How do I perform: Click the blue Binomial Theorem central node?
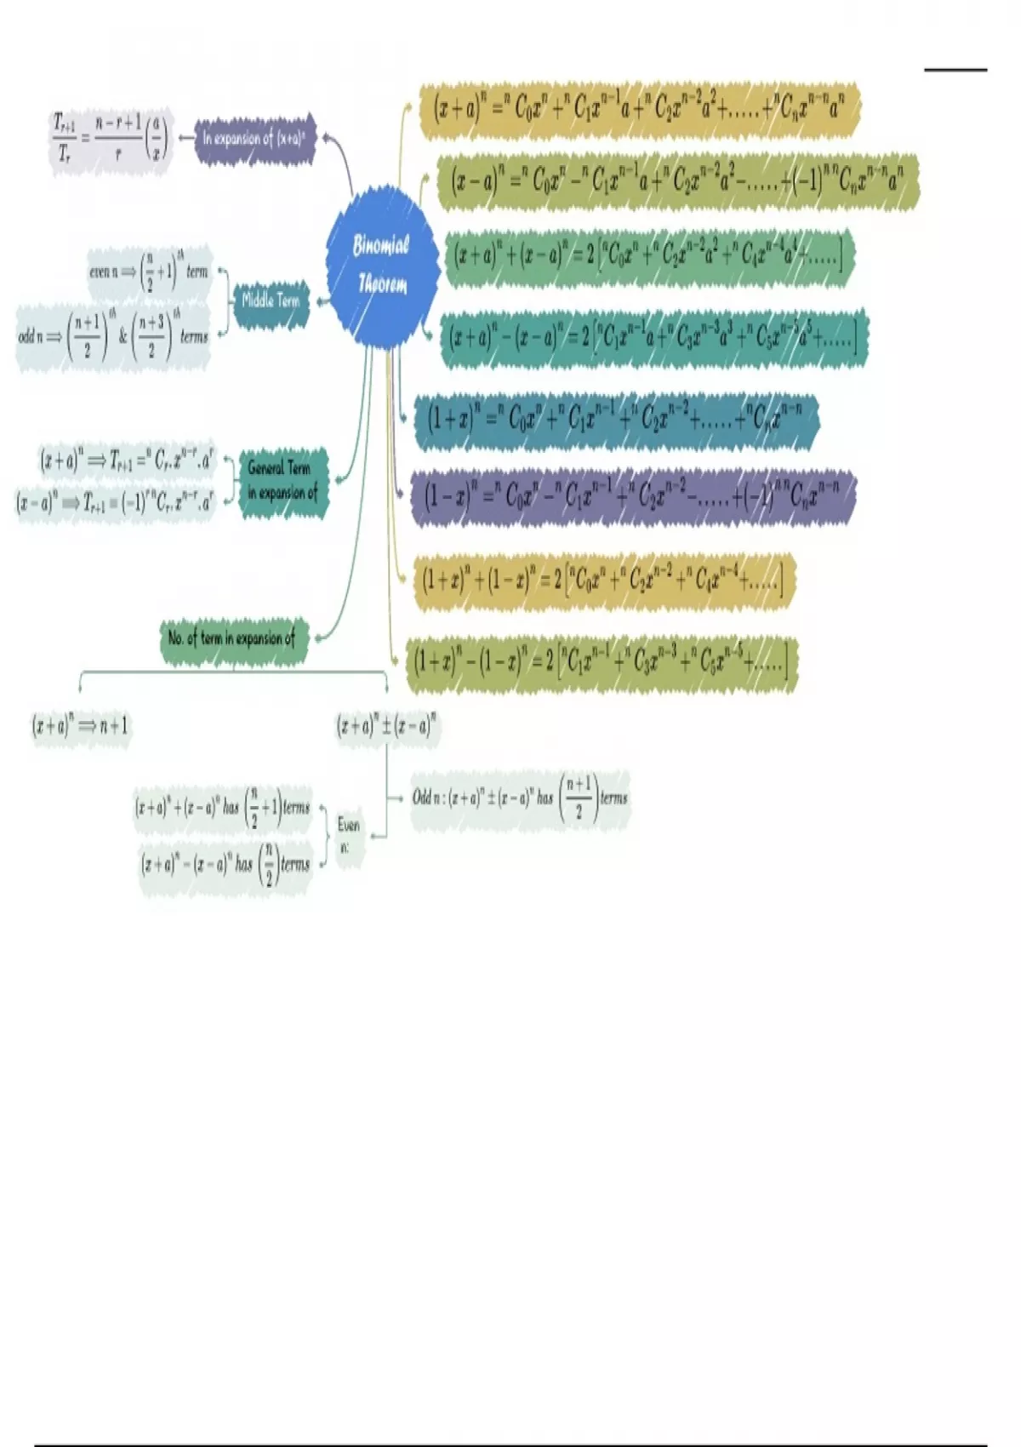382,266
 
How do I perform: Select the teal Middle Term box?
271,300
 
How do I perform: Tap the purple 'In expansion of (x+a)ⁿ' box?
255,138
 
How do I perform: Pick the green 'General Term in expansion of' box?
282,481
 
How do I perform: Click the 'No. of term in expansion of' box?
231,638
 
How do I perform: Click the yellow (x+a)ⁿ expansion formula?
638,110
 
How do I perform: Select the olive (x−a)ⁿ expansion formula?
677,180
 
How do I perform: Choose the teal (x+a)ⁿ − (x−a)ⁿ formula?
653,338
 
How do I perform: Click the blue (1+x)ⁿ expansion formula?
614,419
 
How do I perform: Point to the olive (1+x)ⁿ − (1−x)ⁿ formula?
601,661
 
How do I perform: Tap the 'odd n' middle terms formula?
113,335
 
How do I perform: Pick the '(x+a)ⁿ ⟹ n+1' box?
81,726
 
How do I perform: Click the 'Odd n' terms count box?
520,798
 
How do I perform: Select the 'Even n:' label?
349,834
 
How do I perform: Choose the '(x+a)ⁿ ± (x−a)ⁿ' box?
387,726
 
